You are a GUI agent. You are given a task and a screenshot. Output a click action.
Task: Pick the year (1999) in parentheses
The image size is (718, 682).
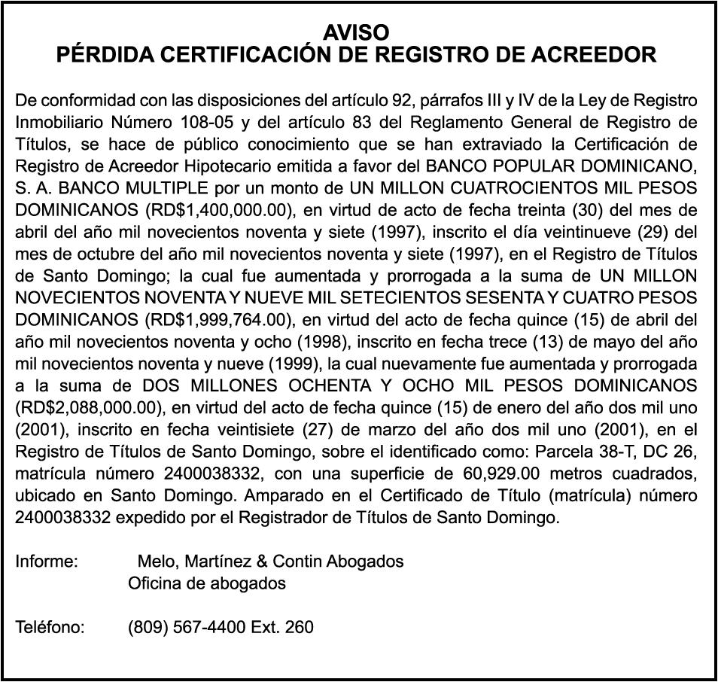(294, 363)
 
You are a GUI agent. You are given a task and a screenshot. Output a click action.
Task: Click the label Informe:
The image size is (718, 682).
(47, 562)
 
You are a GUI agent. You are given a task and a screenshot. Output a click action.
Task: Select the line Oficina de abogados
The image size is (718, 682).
(207, 583)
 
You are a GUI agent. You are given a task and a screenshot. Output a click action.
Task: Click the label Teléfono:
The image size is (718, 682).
(50, 627)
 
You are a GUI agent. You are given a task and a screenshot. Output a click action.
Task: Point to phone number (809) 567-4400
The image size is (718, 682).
(187, 627)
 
